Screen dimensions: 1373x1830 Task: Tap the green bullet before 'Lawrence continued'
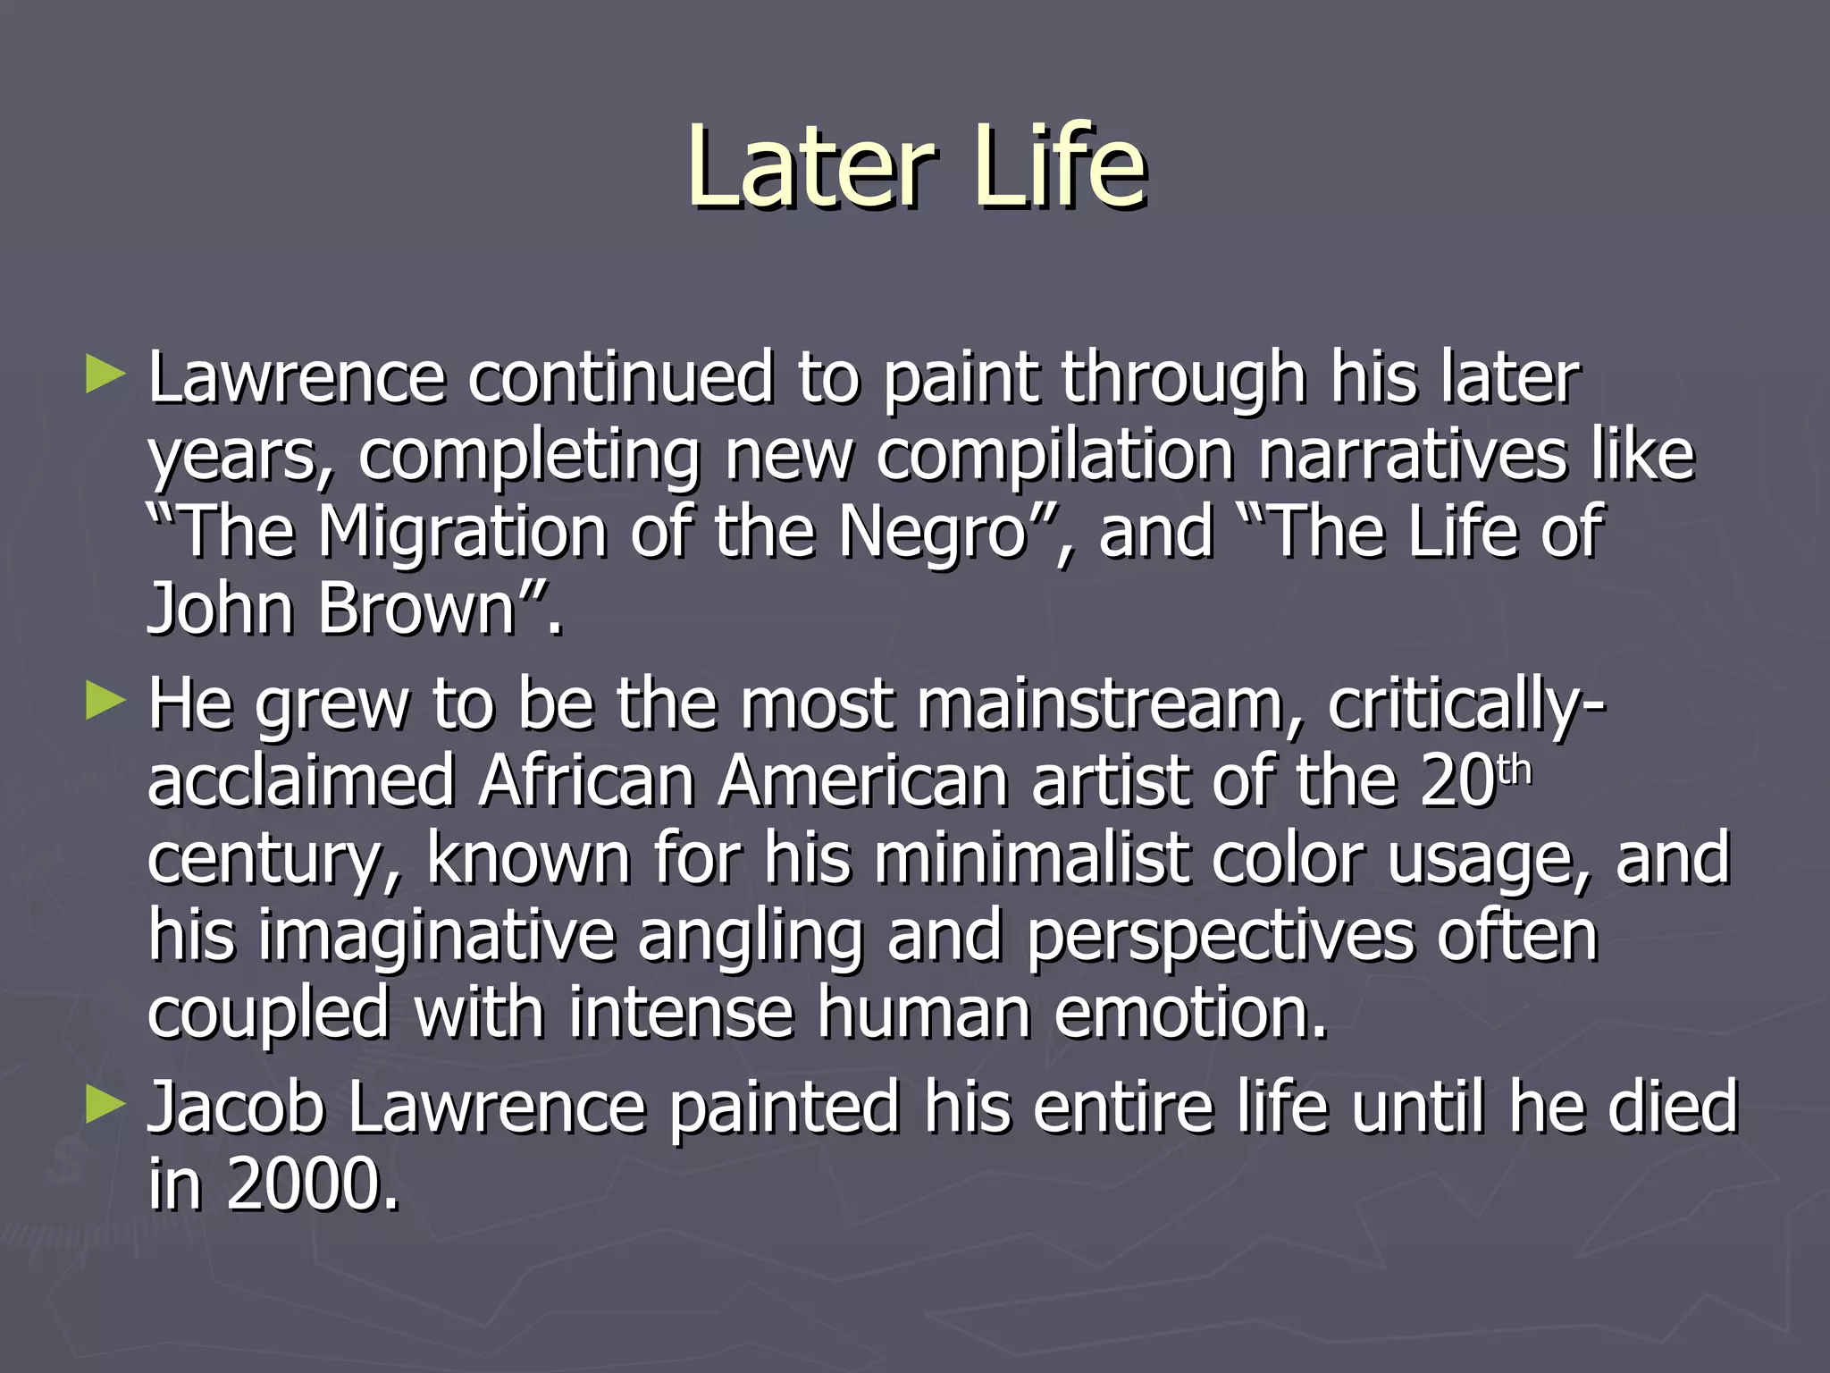coord(105,375)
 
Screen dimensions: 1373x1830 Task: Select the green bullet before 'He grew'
coord(105,702)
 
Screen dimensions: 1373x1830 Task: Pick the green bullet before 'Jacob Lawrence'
coord(105,1106)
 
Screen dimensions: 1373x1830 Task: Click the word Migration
coord(464,532)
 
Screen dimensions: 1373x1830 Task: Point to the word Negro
coord(931,534)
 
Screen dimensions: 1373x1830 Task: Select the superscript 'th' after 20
coord(1514,770)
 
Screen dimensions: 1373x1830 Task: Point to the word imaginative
coord(436,937)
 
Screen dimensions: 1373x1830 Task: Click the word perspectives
coord(1220,937)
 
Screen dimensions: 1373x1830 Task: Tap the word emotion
coord(1191,1013)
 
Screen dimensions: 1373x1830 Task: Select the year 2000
coord(312,1184)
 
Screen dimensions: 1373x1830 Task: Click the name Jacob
coord(235,1108)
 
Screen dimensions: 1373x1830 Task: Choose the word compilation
coord(1054,456)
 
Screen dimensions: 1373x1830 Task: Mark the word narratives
coord(1413,455)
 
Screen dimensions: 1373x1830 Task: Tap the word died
coord(1672,1108)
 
